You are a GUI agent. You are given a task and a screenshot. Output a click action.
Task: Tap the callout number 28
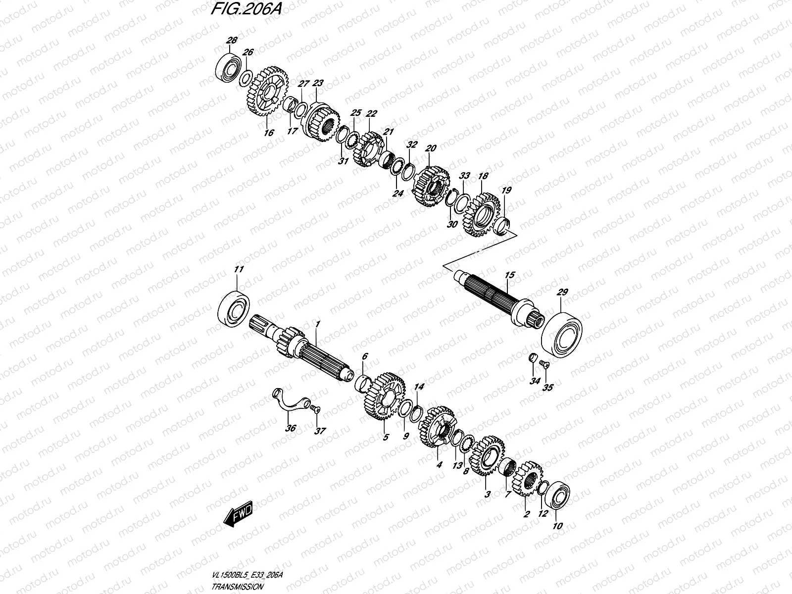pos(231,41)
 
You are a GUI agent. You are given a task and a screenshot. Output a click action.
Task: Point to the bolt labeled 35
pos(544,365)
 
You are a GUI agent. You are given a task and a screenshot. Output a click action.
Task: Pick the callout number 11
pos(239,270)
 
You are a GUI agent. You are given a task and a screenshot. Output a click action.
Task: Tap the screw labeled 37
pos(315,408)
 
